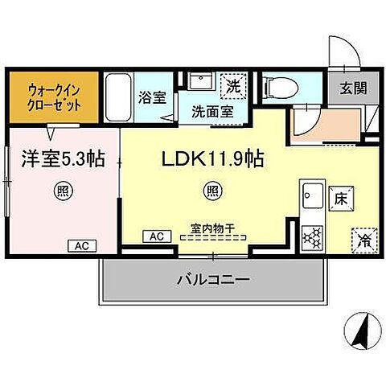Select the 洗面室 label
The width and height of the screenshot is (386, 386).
coord(212,112)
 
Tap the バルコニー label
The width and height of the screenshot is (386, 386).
coord(213,280)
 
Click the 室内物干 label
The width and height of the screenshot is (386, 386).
coord(212,228)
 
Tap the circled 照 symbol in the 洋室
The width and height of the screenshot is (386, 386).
coord(62,191)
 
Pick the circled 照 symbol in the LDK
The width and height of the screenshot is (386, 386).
coord(212,191)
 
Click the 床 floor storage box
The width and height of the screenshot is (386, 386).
coord(339,196)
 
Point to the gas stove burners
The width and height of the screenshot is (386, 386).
coord(311,236)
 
